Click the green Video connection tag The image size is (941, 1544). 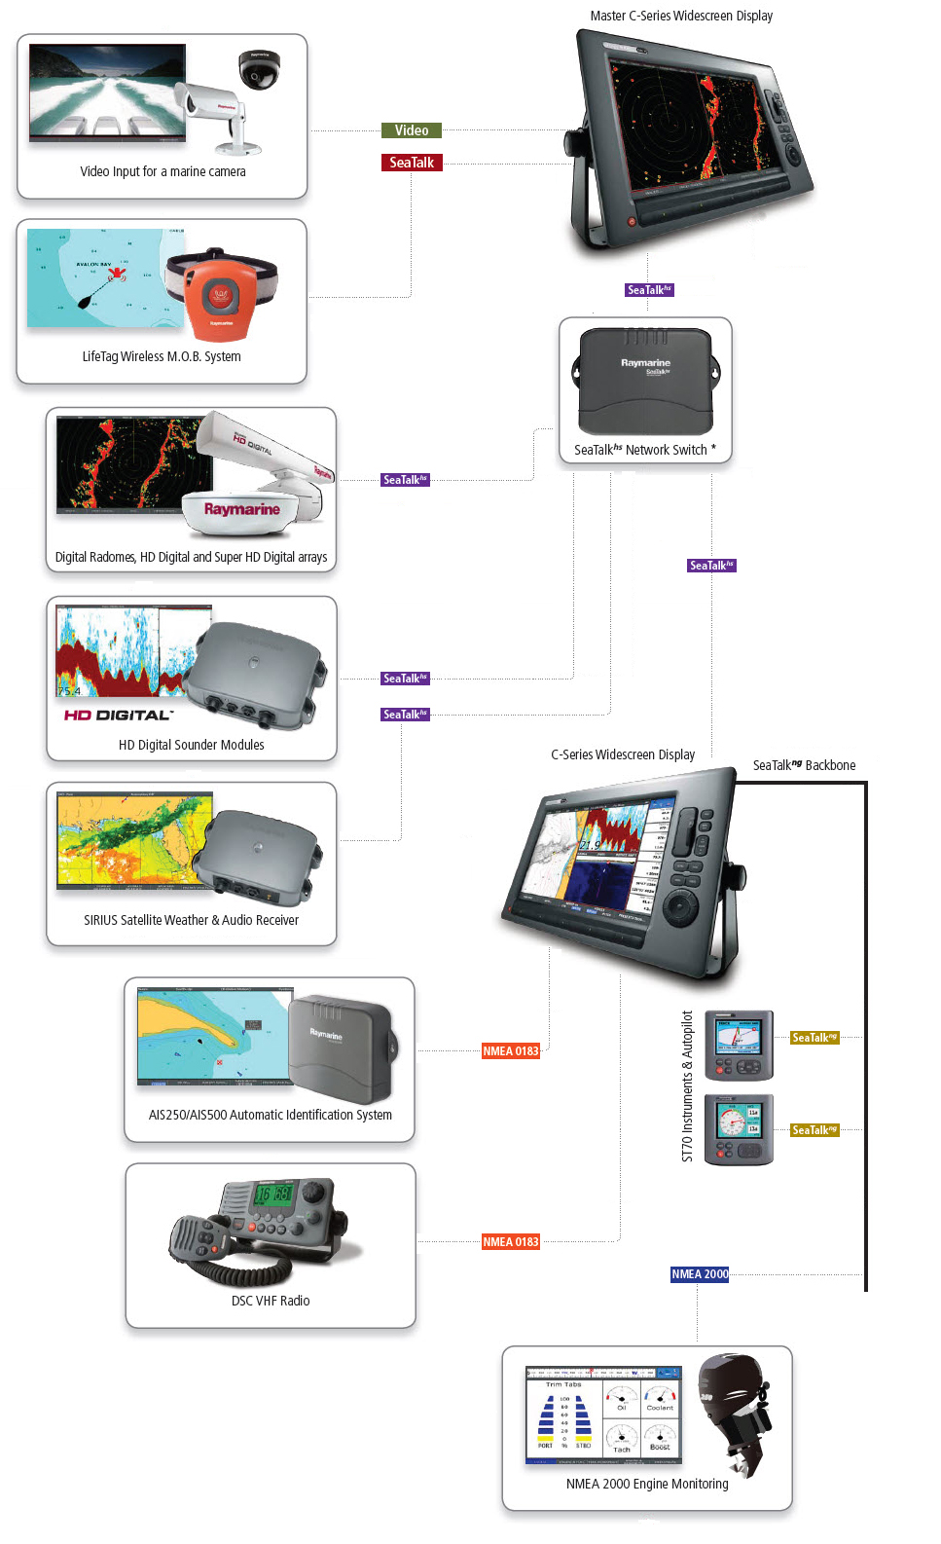point(411,130)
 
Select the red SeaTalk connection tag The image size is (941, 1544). point(411,163)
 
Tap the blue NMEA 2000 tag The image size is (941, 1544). point(699,1274)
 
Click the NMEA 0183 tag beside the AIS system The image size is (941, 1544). point(510,1051)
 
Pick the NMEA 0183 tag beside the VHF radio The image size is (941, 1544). point(510,1242)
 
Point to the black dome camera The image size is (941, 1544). point(259,69)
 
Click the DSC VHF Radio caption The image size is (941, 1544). point(271,1301)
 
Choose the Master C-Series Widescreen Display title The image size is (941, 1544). point(681,16)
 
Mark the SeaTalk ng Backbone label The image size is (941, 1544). point(804,765)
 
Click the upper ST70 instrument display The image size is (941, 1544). point(739,1045)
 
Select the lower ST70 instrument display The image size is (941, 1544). point(739,1128)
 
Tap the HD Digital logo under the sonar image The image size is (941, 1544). point(118,716)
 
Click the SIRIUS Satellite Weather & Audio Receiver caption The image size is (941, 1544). point(191,920)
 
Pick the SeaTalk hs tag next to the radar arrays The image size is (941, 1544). point(405,480)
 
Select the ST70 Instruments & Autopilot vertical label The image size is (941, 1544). point(687,1085)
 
